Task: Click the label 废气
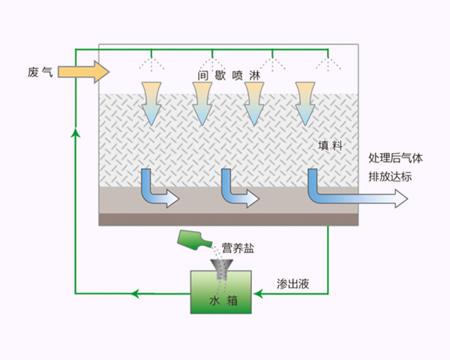click(39, 72)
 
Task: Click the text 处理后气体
click(396, 158)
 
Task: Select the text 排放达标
click(390, 177)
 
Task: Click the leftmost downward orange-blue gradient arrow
click(152, 100)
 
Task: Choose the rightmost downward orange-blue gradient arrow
click(305, 100)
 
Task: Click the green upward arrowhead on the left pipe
click(74, 133)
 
